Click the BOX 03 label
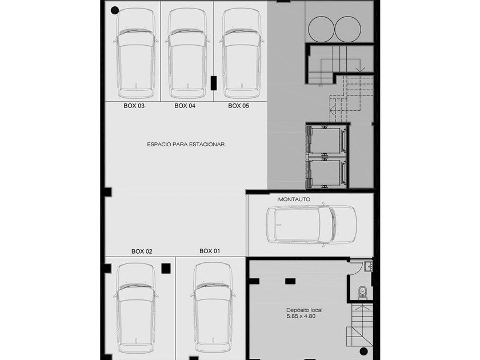(x=134, y=106)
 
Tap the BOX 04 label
(x=185, y=106)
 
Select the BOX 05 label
(x=238, y=106)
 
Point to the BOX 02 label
(x=142, y=251)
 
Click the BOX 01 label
(x=210, y=251)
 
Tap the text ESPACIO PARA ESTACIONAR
(x=186, y=144)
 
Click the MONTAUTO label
(x=294, y=199)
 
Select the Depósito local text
(x=304, y=310)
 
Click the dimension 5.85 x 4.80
(x=301, y=316)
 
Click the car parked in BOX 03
(x=136, y=53)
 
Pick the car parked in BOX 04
(x=187, y=53)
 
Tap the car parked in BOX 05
(x=241, y=53)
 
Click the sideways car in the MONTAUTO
(x=311, y=225)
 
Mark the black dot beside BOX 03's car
(x=114, y=10)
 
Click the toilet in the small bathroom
(x=362, y=291)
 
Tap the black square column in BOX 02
(x=166, y=268)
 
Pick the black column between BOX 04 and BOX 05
(x=214, y=83)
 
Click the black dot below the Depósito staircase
(x=363, y=351)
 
